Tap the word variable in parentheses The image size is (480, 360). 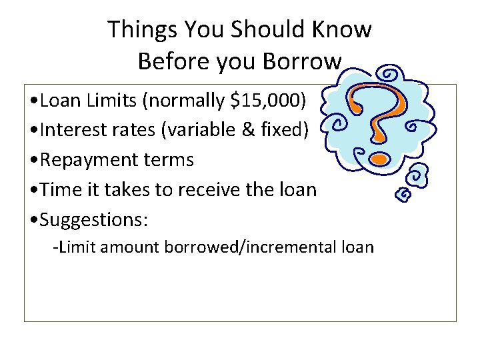(x=207, y=130)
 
